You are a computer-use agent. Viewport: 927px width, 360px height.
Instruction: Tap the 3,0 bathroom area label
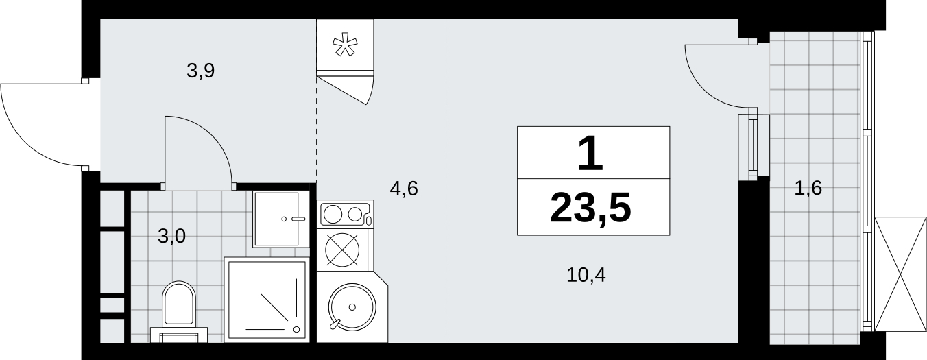[171, 237]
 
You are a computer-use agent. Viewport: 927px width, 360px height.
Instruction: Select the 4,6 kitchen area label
[404, 188]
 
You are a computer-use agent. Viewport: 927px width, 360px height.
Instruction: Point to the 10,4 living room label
[586, 276]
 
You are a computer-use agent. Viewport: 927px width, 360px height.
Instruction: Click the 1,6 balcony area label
[808, 188]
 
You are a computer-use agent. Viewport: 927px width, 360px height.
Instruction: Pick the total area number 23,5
[591, 208]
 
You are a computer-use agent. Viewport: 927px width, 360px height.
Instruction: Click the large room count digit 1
[591, 154]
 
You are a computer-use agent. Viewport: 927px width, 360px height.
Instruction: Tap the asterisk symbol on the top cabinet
[345, 45]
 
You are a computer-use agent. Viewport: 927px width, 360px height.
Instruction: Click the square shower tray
[265, 299]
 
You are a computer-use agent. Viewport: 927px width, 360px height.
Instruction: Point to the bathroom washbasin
[277, 219]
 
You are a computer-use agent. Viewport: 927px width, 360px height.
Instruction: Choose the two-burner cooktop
[345, 215]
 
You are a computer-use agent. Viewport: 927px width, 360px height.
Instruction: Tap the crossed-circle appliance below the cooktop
[344, 250]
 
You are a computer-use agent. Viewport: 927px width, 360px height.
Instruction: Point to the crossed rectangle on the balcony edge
[900, 275]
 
